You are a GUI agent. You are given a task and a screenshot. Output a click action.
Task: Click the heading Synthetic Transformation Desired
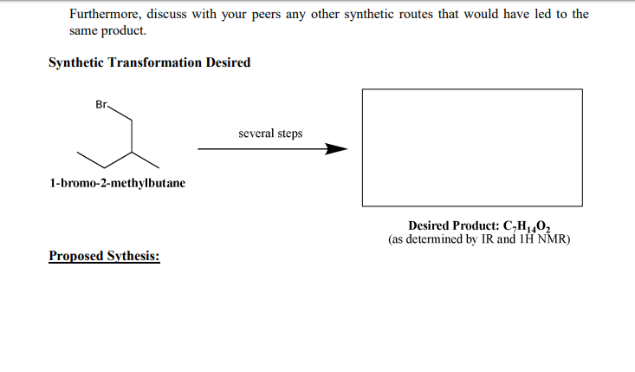149,62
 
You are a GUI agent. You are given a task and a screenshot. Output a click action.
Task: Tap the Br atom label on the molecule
101,105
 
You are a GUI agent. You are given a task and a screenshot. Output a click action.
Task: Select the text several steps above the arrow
270,134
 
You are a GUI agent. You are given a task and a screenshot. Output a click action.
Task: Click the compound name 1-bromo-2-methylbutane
117,184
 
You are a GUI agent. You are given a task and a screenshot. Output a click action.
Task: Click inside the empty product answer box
472,147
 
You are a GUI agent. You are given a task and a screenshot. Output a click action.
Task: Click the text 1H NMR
546,239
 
